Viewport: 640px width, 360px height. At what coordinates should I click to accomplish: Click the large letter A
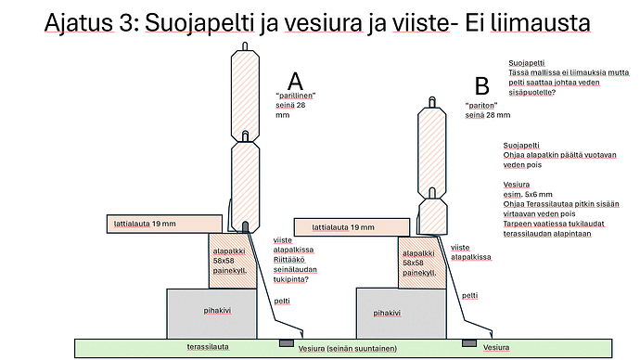point(295,82)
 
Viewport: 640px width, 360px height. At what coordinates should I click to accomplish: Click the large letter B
point(482,86)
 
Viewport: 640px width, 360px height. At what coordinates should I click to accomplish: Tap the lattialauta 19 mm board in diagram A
point(164,225)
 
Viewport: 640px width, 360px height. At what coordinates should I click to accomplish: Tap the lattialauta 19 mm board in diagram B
point(352,227)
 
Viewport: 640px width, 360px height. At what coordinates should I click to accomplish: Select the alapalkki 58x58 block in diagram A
point(233,261)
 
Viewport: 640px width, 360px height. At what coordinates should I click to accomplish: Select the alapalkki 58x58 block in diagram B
point(422,263)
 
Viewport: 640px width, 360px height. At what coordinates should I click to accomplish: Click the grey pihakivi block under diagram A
point(211,314)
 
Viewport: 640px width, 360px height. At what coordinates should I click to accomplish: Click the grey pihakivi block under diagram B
point(402,314)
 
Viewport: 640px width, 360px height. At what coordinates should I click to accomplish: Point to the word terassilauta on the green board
point(208,347)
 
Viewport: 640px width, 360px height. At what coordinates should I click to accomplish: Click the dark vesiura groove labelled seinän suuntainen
point(286,343)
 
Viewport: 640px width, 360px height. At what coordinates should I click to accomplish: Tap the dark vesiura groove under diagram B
point(469,343)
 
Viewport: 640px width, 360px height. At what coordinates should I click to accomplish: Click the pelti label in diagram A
point(282,302)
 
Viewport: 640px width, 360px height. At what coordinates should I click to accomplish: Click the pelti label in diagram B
point(469,295)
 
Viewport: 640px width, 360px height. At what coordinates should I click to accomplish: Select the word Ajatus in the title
point(79,22)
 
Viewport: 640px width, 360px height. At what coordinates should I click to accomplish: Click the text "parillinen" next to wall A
point(296,96)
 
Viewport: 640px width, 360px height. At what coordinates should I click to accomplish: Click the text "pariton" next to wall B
point(481,105)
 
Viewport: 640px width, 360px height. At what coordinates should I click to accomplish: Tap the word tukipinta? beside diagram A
point(290,279)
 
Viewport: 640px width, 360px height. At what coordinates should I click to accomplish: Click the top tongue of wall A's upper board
point(245,46)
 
